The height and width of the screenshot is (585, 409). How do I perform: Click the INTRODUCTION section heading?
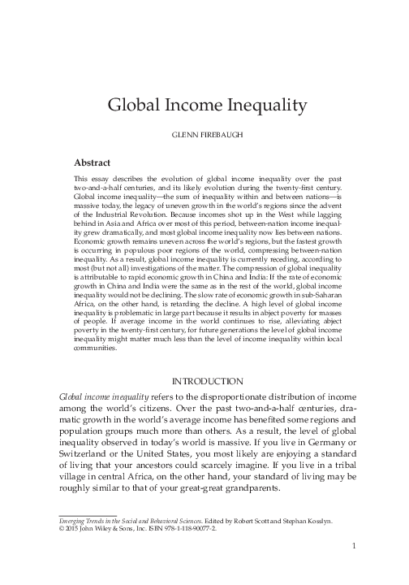tap(204, 381)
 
